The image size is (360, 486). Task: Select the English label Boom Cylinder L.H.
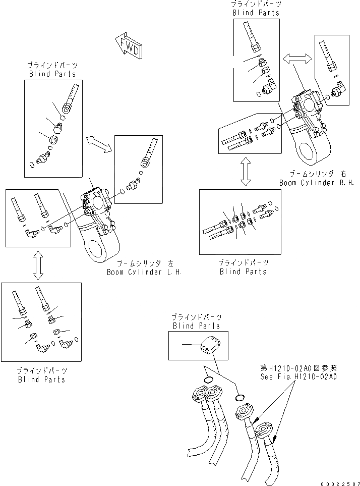[x=143, y=272]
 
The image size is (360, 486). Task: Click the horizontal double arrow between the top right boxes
[x=297, y=60]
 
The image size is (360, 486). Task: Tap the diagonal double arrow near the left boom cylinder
[x=98, y=143]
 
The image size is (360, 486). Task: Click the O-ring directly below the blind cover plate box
[x=209, y=380]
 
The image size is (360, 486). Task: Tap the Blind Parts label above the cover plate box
[x=197, y=326]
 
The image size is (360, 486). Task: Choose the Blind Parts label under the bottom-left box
[x=41, y=379]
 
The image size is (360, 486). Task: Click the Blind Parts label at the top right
[x=256, y=13]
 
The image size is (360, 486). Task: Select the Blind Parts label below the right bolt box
[x=243, y=272]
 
